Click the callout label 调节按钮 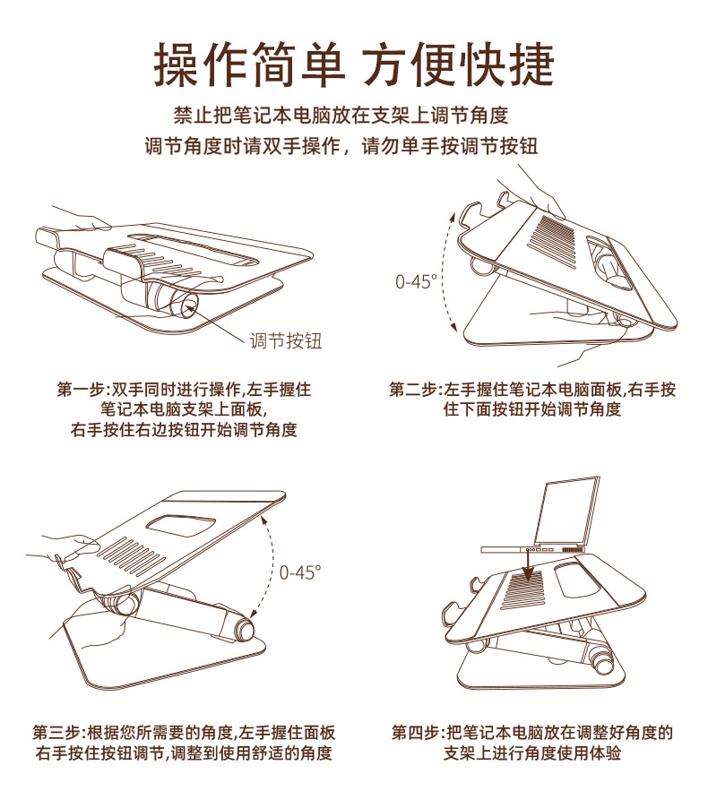click(x=286, y=341)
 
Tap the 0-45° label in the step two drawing click(x=416, y=281)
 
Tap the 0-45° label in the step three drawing click(x=300, y=572)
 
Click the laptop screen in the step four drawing click(x=567, y=510)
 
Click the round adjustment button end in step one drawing click(x=186, y=304)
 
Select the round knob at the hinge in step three click(x=245, y=630)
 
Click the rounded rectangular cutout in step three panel click(x=180, y=526)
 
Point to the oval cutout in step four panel click(x=578, y=579)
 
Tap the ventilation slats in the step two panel click(x=551, y=238)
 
